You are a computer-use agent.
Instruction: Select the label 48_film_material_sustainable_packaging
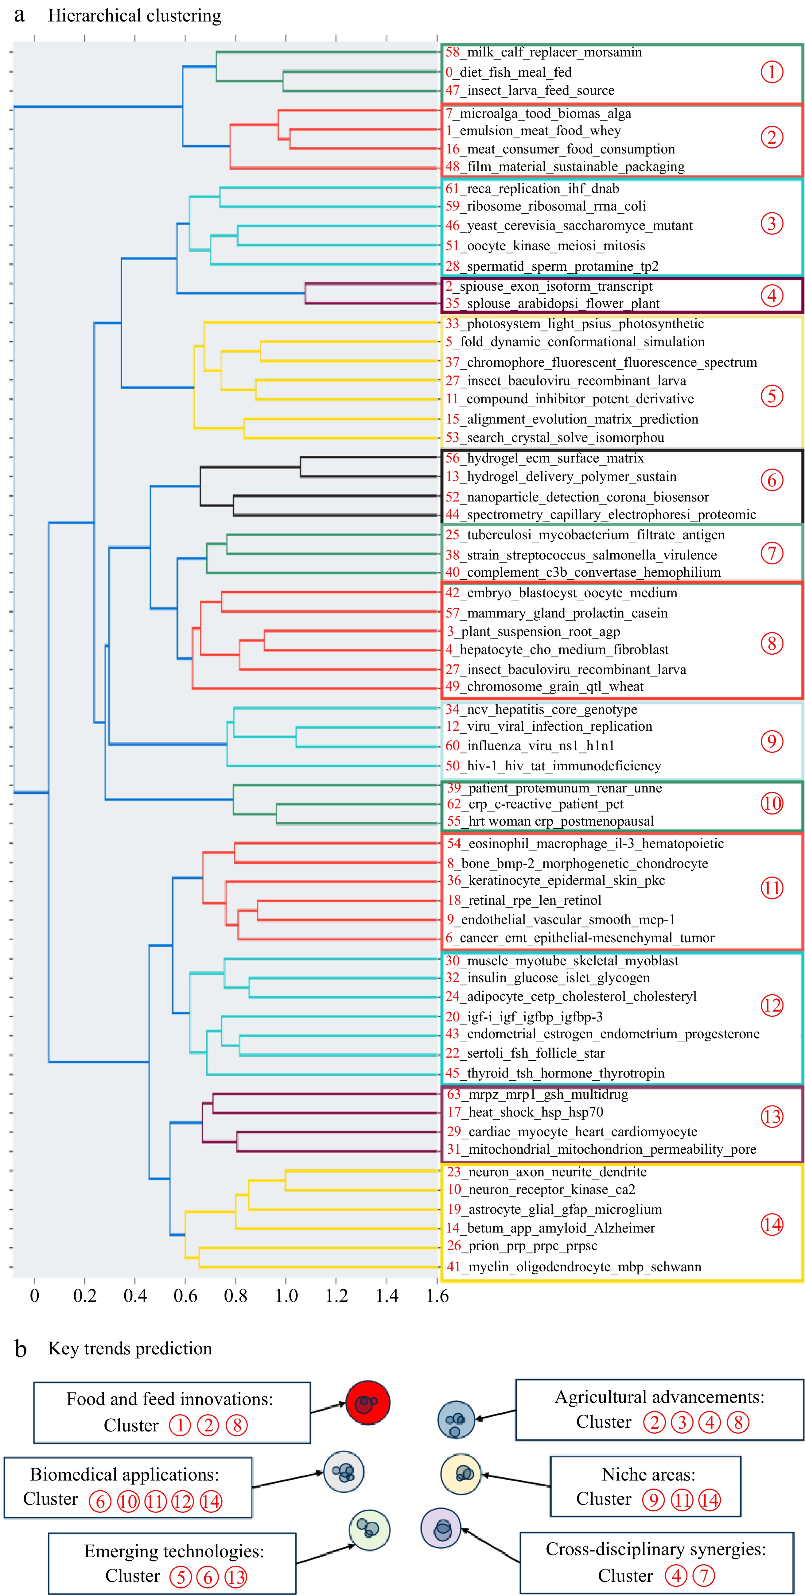pyautogui.click(x=565, y=167)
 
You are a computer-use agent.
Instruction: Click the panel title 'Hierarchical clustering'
pyautogui.click(x=134, y=15)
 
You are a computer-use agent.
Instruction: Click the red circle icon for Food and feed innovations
pyautogui.click(x=368, y=1403)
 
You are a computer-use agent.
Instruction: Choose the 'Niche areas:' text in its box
pyautogui.click(x=648, y=1474)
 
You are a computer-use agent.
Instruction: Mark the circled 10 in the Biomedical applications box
pyautogui.click(x=128, y=1501)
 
